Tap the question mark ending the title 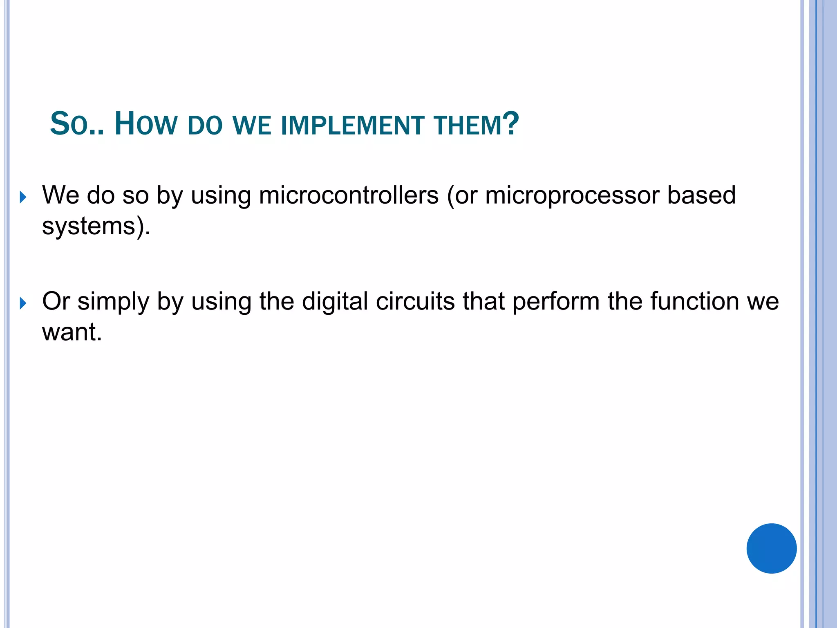click(511, 123)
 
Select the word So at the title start click(69, 123)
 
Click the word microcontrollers click(349, 195)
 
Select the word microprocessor click(572, 196)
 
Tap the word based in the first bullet click(702, 195)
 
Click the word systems click(89, 226)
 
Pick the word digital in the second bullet click(335, 302)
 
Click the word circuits click(415, 301)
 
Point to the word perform click(556, 302)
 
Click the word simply click(113, 302)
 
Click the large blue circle click(771, 548)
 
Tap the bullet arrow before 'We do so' click(23, 197)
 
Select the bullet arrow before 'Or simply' click(23, 303)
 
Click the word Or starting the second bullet click(56, 301)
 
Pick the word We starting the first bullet click(60, 195)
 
